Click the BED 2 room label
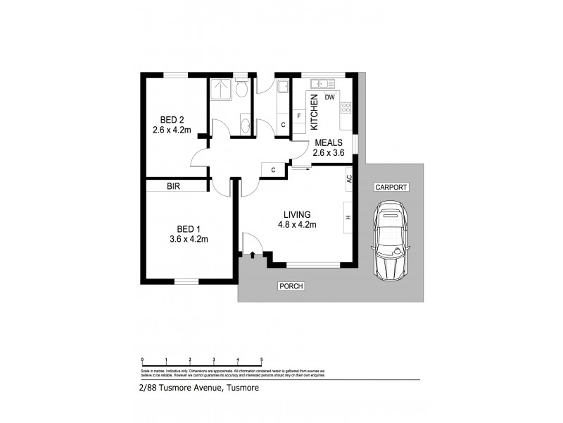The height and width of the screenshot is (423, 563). (x=169, y=119)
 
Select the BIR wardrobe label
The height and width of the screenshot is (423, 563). (x=174, y=187)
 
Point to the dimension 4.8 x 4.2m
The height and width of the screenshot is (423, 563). (x=297, y=225)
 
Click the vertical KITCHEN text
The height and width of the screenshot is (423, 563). (x=315, y=111)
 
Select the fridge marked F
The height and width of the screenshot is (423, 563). (x=299, y=116)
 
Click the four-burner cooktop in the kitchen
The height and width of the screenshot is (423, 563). (x=346, y=108)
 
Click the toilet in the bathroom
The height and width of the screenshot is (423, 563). (x=241, y=88)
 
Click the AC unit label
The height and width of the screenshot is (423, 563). (x=348, y=180)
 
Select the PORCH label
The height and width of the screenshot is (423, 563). (x=290, y=286)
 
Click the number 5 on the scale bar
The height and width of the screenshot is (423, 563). (x=262, y=360)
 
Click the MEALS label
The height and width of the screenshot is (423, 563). (x=329, y=142)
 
